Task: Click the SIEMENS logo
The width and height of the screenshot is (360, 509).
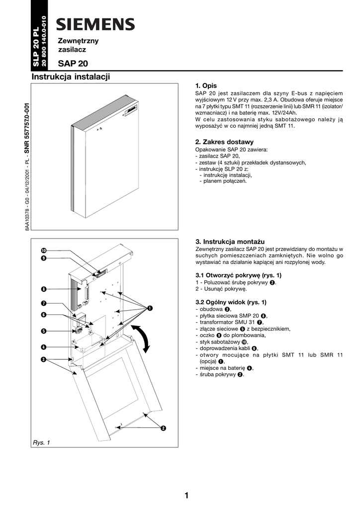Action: (x=95, y=24)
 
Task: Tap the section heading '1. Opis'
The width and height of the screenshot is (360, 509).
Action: (x=206, y=85)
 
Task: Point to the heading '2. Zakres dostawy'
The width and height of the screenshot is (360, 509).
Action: (x=224, y=142)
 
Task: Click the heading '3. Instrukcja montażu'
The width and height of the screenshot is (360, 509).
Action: (x=230, y=241)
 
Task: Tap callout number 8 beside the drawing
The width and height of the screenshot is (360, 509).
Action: (x=44, y=289)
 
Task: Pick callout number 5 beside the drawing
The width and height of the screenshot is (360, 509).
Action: (x=44, y=331)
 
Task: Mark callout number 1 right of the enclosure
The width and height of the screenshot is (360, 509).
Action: (x=149, y=309)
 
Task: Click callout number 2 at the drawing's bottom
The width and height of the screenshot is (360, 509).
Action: (x=163, y=428)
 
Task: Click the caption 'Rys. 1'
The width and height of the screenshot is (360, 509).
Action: (x=41, y=442)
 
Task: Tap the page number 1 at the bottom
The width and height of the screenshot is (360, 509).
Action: (x=186, y=495)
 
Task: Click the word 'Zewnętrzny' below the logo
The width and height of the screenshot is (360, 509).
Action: (x=79, y=40)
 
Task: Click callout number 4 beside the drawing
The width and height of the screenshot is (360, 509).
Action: (x=44, y=347)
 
